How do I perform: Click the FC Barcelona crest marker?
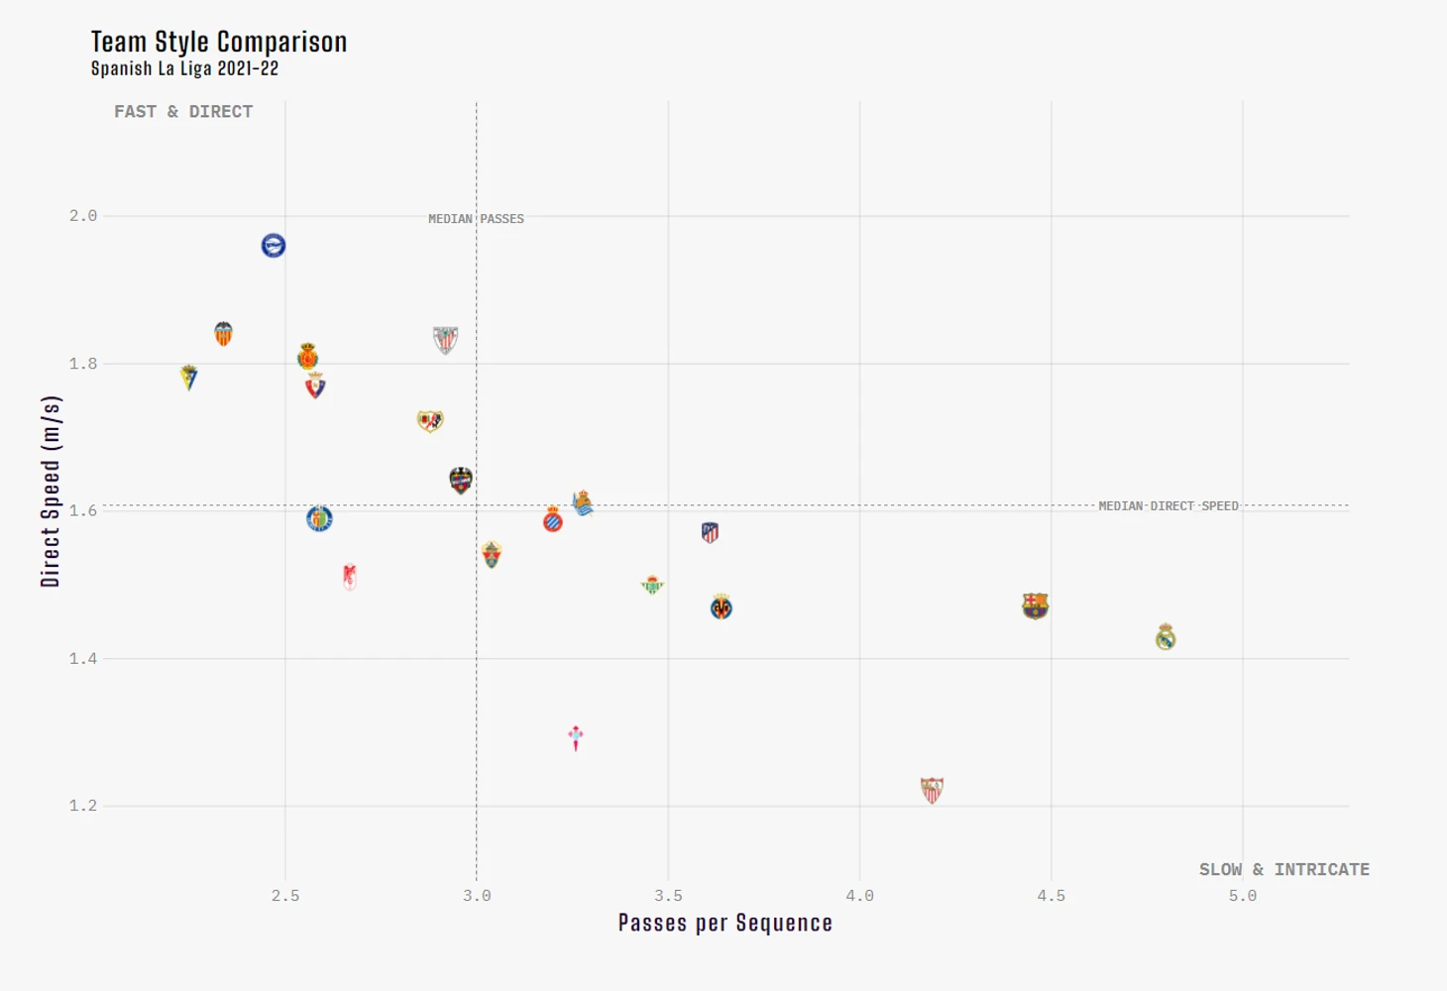[x=1035, y=606]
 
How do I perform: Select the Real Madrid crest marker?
[x=1166, y=637]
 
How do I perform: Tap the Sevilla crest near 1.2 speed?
[x=932, y=790]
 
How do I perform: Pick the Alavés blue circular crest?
[x=274, y=245]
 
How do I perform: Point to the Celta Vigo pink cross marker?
[x=576, y=737]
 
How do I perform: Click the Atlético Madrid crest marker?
[x=710, y=532]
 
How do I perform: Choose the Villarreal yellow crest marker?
[x=722, y=607]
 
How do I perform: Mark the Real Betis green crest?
[x=652, y=585]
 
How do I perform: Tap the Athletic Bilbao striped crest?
[x=445, y=340]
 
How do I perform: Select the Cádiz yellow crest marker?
[x=189, y=377]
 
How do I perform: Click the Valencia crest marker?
[x=224, y=334]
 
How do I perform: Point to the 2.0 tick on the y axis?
[x=83, y=216]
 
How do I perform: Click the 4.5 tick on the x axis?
[x=1052, y=896]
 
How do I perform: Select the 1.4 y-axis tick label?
[x=83, y=659]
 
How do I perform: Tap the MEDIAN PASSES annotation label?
[x=476, y=219]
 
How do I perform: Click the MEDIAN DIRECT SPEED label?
[x=1168, y=506]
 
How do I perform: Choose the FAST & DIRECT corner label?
[x=183, y=112]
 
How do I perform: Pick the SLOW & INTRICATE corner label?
[x=1283, y=869]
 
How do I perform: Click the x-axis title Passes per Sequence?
[x=724, y=924]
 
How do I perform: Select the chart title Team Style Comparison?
[x=219, y=42]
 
